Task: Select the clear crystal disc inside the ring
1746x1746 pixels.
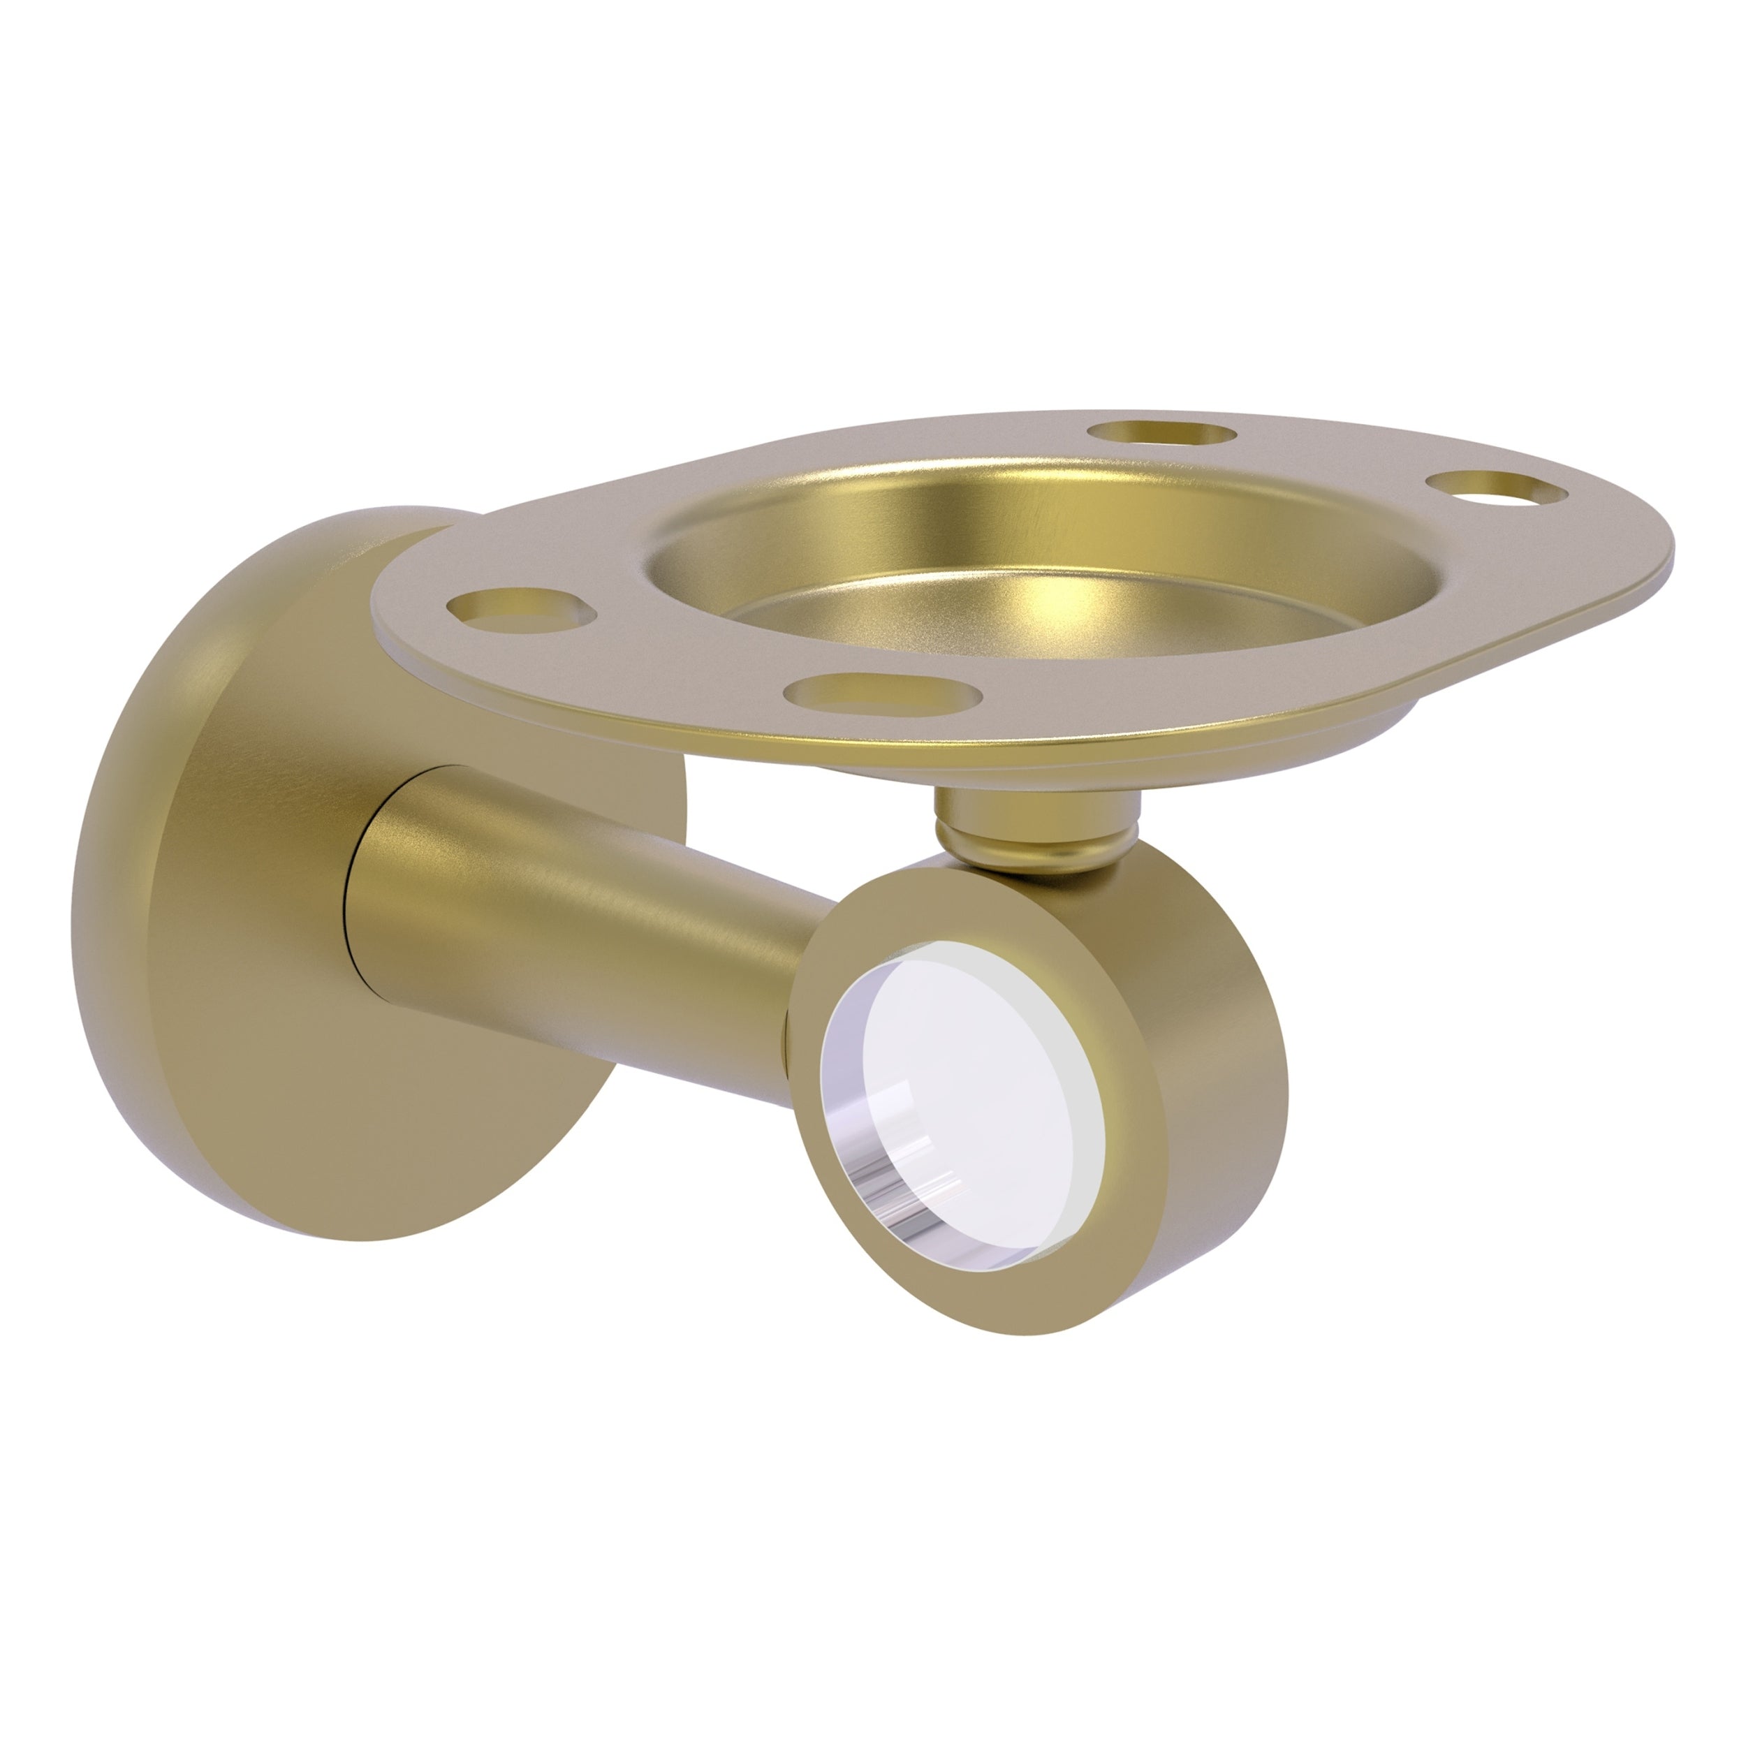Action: (967, 1085)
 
